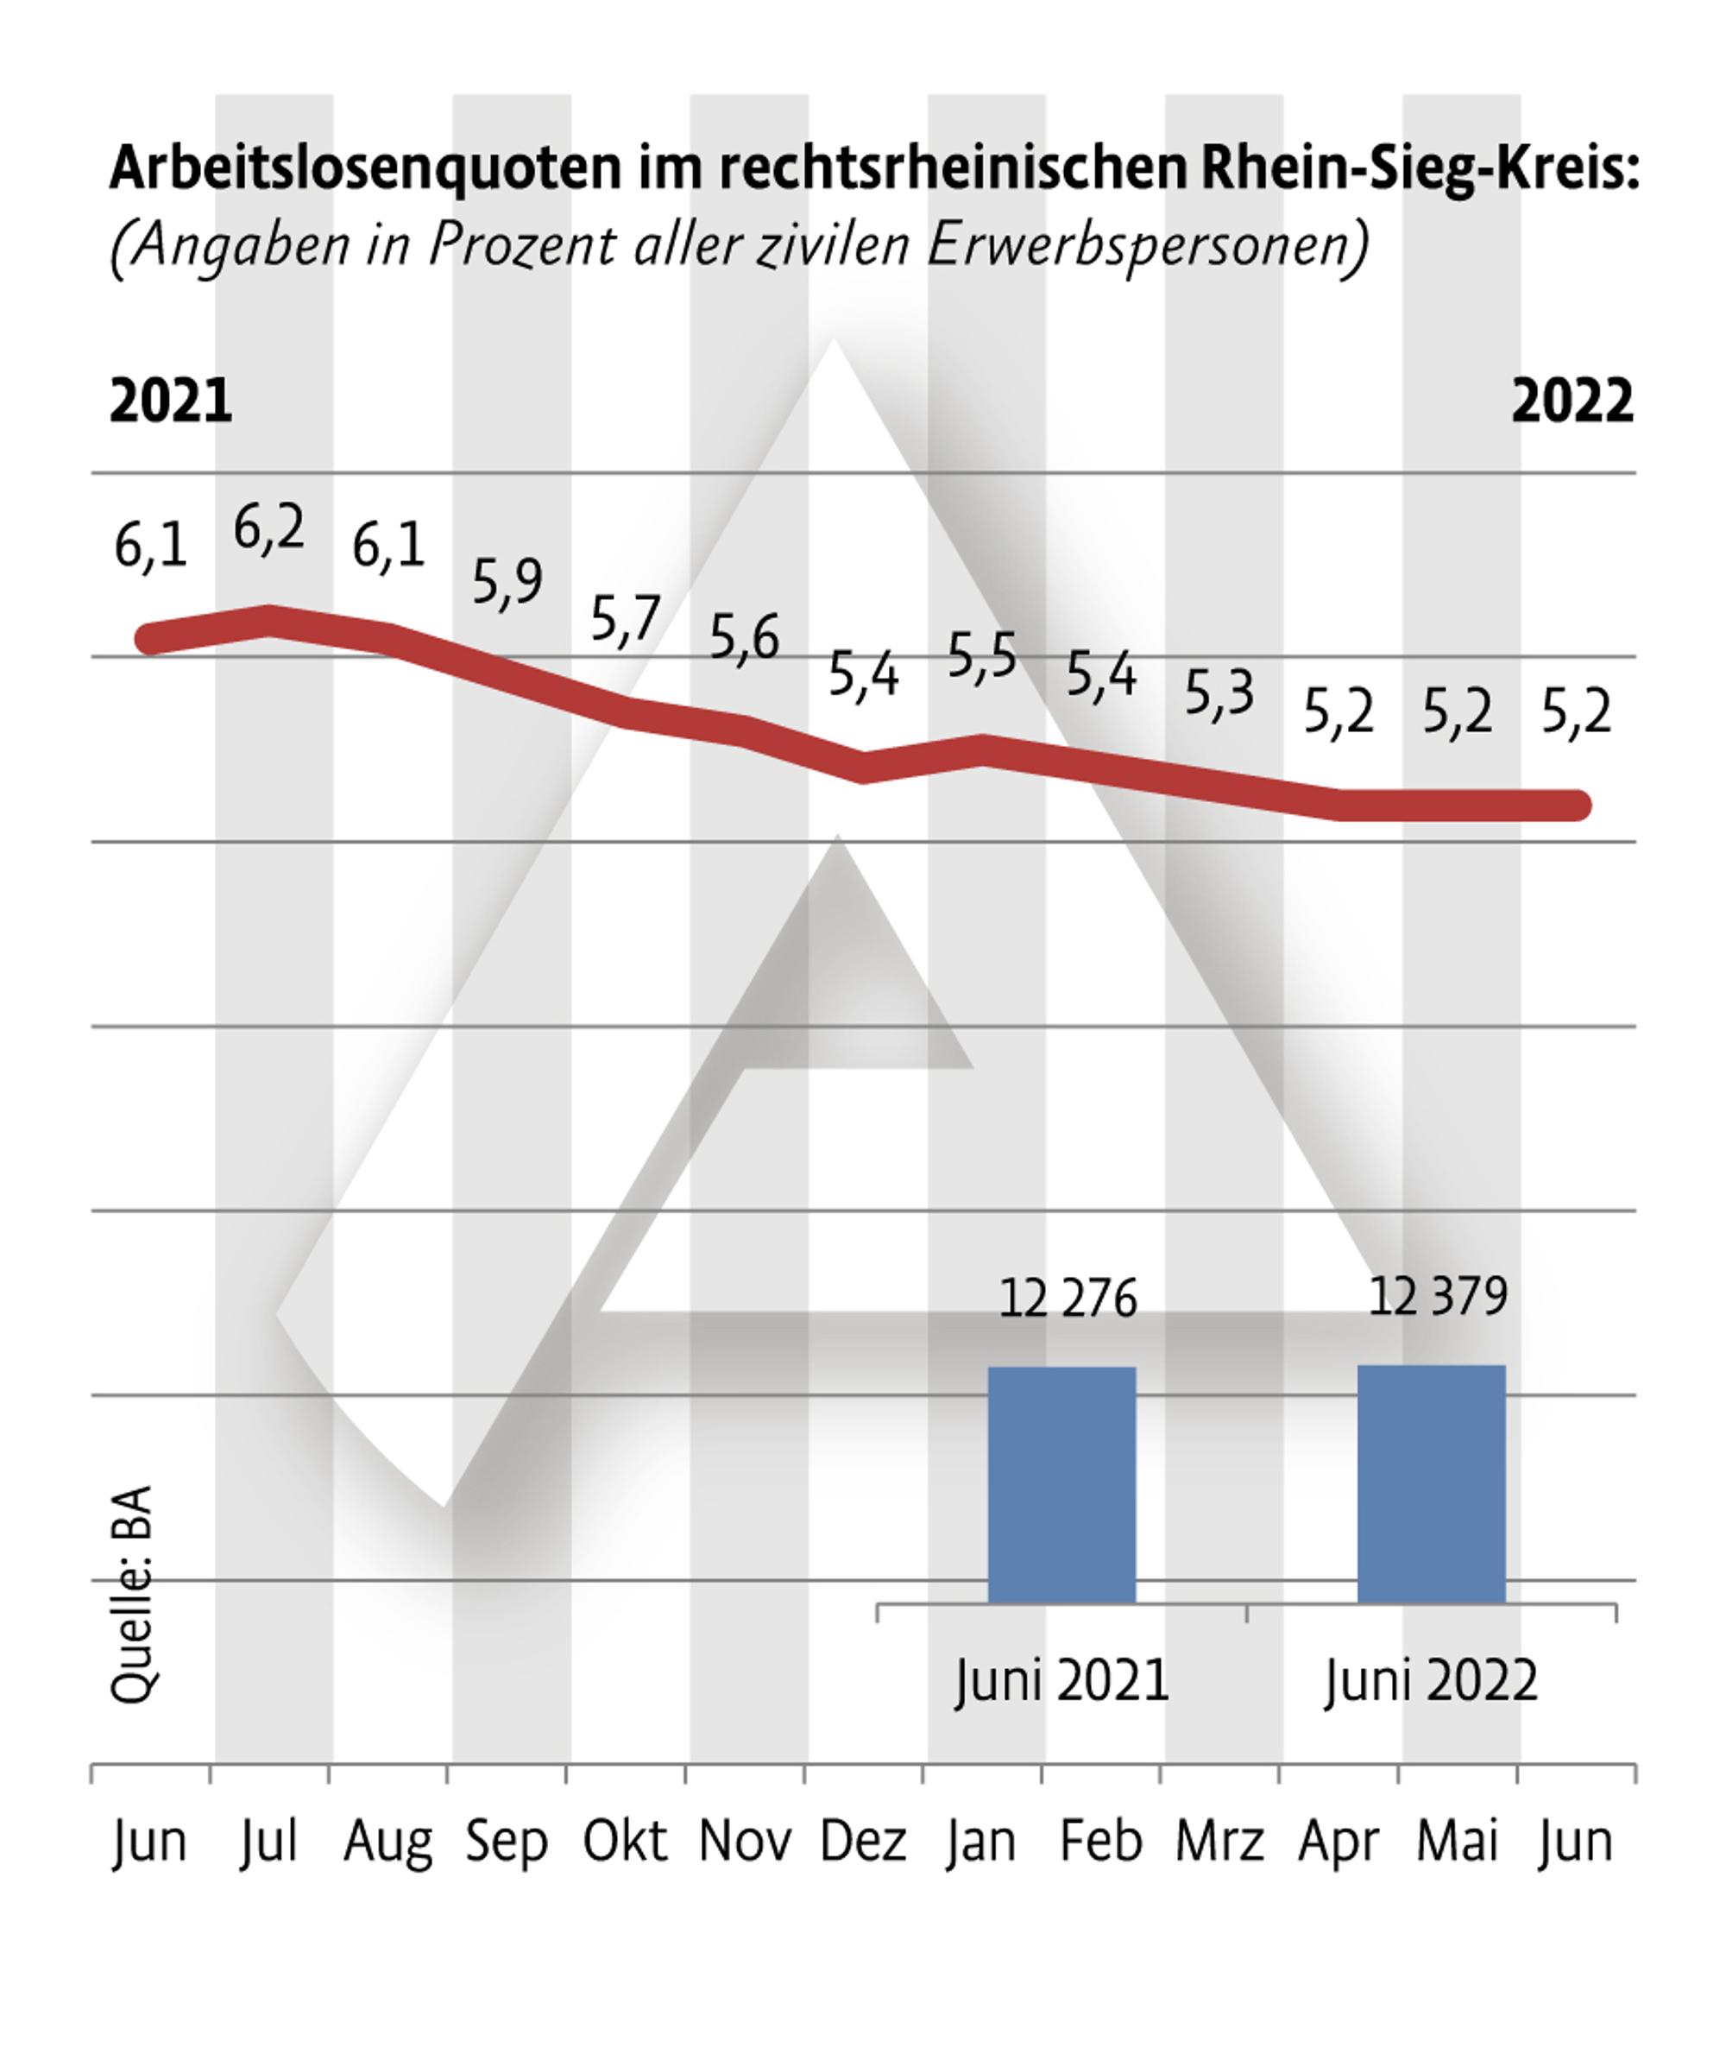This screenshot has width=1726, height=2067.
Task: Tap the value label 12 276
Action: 1068,1299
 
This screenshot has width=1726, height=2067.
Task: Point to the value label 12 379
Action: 1439,1296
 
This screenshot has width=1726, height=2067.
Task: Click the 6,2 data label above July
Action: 269,529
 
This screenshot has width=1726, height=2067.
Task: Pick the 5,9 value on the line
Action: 507,583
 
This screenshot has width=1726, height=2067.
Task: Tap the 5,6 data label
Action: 745,638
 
